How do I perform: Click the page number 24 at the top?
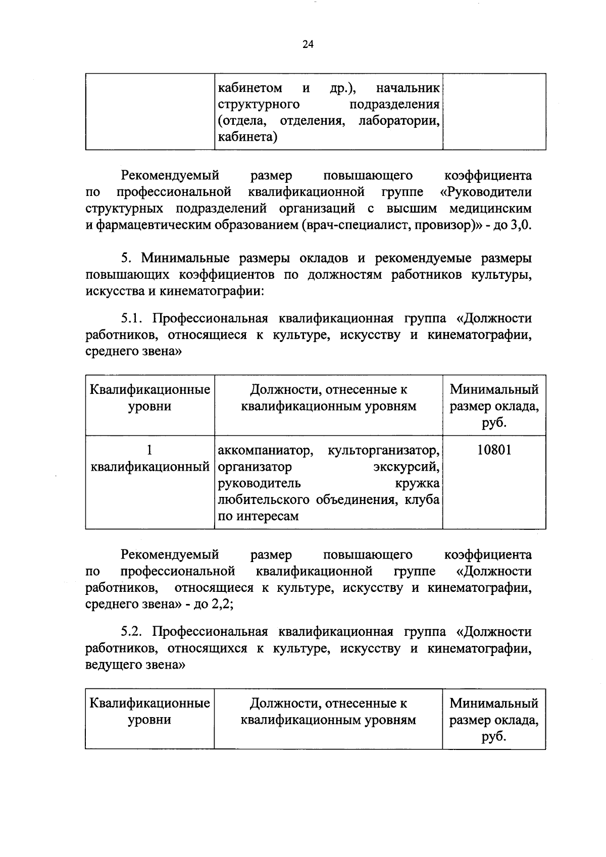click(308, 44)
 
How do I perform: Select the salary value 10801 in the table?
click(494, 450)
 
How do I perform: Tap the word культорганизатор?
click(383, 450)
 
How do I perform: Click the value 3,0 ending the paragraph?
click(521, 225)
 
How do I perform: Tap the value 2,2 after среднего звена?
click(222, 604)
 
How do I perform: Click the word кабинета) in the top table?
click(247, 137)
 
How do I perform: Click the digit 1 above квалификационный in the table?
click(149, 449)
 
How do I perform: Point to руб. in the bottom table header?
click(494, 736)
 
